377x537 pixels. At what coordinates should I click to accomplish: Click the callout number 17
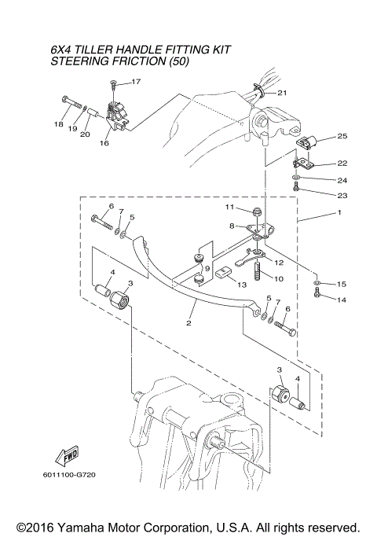coord(135,82)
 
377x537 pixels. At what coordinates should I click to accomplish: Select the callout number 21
coord(282,93)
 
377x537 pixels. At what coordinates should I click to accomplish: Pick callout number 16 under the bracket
coord(104,144)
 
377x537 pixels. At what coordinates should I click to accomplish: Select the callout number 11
coord(230,207)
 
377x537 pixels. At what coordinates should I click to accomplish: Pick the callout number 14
coord(342,300)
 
